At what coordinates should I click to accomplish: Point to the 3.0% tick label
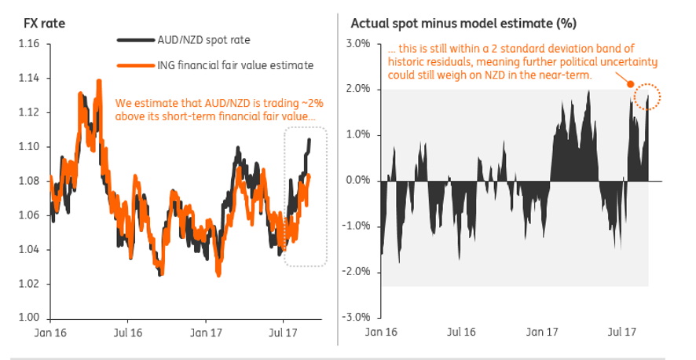357,43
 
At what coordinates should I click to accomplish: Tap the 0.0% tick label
357,181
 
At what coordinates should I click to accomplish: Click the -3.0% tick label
355,318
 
